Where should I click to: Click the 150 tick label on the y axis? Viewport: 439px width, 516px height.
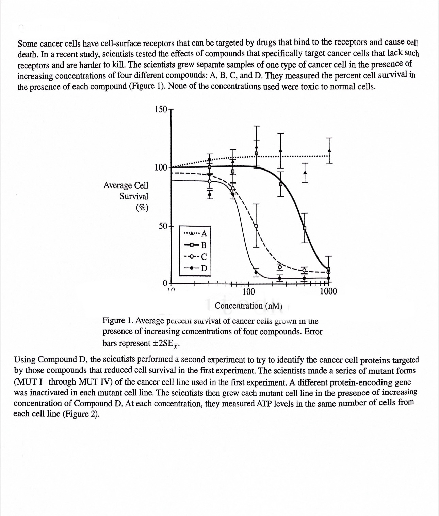tap(161, 109)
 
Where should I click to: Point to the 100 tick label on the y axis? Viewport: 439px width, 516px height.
tap(161, 167)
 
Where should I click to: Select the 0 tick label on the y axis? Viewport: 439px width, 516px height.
tap(165, 283)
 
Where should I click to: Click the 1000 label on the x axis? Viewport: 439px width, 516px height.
tap(328, 291)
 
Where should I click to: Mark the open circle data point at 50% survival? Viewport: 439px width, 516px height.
tap(257, 226)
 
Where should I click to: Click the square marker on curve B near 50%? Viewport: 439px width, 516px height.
tap(305, 228)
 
